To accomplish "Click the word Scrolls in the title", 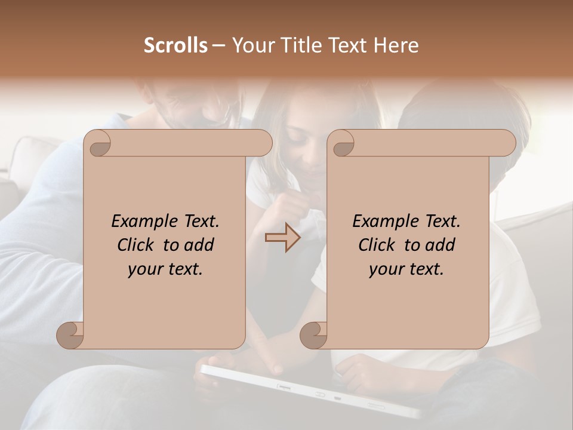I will (x=176, y=45).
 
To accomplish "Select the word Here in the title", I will (x=397, y=45).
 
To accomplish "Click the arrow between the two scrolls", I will (x=282, y=238).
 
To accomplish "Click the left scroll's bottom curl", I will (x=70, y=336).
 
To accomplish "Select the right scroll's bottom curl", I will (x=314, y=336).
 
